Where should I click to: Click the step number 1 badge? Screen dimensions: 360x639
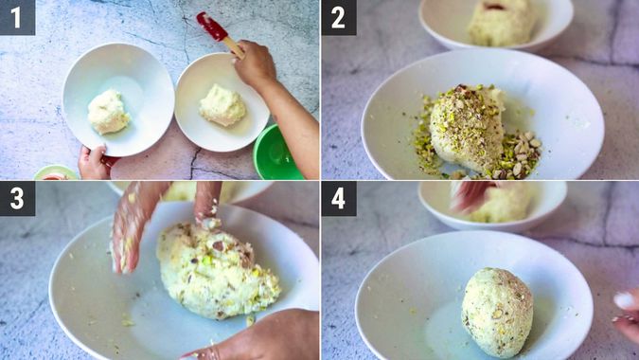click(17, 17)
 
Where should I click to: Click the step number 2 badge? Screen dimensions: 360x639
click(338, 17)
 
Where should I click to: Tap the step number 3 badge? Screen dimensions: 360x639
click(17, 198)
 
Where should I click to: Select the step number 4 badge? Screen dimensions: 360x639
click(338, 198)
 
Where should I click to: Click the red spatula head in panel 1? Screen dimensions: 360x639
click(211, 26)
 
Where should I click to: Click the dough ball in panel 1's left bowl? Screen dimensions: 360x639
click(108, 112)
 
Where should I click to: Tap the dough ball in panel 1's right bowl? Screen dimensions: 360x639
click(222, 104)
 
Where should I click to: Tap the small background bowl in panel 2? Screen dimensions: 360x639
click(496, 21)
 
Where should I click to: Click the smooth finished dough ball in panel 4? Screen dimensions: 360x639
click(497, 311)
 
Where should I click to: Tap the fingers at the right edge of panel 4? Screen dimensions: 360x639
click(627, 312)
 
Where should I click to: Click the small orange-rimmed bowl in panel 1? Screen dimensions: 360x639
click(55, 172)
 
